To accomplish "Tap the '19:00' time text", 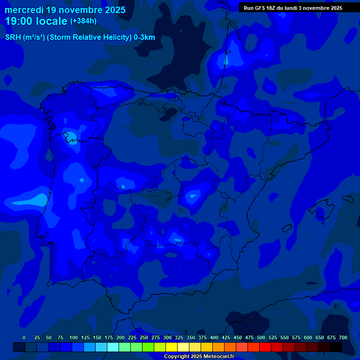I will pyautogui.click(x=20, y=21).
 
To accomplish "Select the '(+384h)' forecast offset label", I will pyautogui.click(x=83, y=21).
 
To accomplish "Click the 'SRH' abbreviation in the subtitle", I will pyautogui.click(x=13, y=38).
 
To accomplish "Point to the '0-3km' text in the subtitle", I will pyautogui.click(x=144, y=38).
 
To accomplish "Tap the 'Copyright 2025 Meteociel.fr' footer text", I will pyautogui.click(x=199, y=356).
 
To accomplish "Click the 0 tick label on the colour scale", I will pyautogui.click(x=24, y=337).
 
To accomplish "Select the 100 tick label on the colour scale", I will pyautogui.click(x=74, y=337).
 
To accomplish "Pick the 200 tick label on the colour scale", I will pyautogui.click(x=120, y=337).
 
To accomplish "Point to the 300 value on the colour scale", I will pyautogui.click(x=167, y=337).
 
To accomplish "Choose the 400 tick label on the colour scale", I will pyautogui.click(x=214, y=337).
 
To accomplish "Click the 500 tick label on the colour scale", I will pyautogui.click(x=261, y=337).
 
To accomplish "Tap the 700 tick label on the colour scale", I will pyautogui.click(x=343, y=337).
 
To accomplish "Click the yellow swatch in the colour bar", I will pyautogui.click(x=172, y=347).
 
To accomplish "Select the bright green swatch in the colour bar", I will pyautogui.click(x=148, y=347).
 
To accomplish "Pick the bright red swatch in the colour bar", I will pyautogui.click(x=265, y=347).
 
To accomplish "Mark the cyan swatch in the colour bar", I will pyautogui.click(x=113, y=347).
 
